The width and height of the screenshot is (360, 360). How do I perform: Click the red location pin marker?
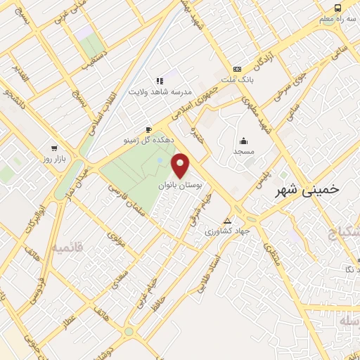[x=181, y=166]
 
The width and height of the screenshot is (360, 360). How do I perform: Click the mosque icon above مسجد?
[x=243, y=141]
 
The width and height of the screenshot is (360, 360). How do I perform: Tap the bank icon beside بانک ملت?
[x=238, y=69]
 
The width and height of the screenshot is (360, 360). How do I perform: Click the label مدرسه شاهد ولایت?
[x=159, y=91]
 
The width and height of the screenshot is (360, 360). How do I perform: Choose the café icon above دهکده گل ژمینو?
[x=148, y=130]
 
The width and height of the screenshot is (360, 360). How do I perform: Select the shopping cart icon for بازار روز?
[x=54, y=149]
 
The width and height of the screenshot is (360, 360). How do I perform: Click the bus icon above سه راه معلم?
[x=339, y=8]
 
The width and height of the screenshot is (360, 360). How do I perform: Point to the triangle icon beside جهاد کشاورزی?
[x=226, y=219]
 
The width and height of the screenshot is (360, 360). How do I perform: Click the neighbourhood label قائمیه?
[x=67, y=247]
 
